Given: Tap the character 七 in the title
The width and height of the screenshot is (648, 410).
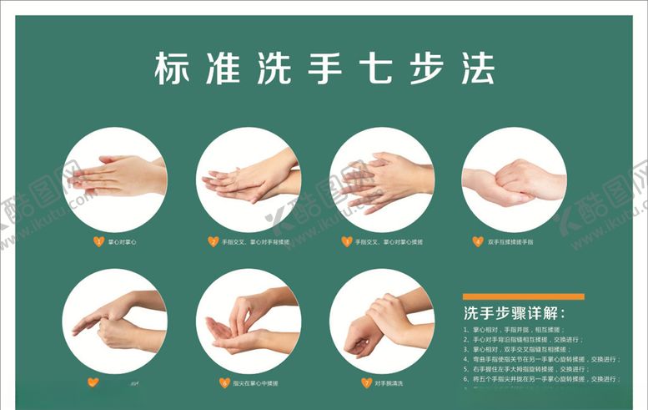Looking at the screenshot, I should point(374,68).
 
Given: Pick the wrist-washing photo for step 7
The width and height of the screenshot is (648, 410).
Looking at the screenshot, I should point(382,320).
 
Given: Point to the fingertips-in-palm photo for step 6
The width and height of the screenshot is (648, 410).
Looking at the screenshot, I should point(249,320).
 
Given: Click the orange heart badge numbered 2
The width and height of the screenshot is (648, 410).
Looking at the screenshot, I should point(213,242).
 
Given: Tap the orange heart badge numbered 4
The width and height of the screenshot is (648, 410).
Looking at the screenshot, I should point(478,242).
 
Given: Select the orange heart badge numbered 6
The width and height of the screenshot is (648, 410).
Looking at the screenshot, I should point(224,383).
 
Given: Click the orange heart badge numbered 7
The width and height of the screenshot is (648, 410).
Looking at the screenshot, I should point(365,383).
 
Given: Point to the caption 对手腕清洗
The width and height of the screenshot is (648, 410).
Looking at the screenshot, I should point(389,383).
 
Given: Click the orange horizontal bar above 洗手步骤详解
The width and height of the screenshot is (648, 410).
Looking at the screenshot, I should point(523,296).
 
